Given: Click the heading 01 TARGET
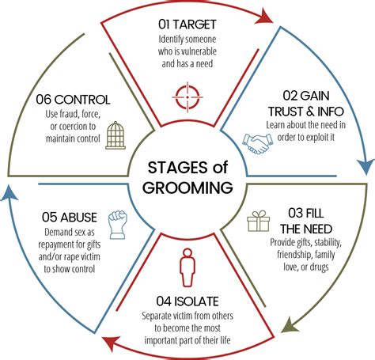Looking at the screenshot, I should click(x=187, y=24).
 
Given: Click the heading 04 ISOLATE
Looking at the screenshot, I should click(x=187, y=300).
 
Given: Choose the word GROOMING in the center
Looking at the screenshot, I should click(x=187, y=188).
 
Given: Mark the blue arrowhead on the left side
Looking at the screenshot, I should click(x=9, y=195).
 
